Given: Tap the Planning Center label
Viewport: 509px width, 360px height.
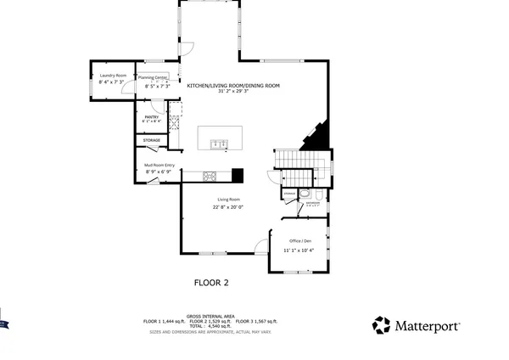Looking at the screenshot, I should (158, 77).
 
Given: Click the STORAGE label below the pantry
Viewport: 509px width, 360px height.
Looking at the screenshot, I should (152, 140).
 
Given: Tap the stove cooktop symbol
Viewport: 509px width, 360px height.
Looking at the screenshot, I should (211, 176).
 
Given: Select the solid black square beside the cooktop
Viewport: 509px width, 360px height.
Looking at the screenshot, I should (238, 176).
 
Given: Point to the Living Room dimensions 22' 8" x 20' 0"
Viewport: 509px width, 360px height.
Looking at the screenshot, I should (228, 207).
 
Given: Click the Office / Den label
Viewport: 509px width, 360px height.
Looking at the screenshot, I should (299, 240).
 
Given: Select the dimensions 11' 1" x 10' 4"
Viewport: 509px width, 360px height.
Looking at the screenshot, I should (299, 250).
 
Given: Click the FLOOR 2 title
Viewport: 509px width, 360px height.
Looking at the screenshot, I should (211, 283).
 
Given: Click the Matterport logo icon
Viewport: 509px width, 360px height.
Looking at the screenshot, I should (382, 325).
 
